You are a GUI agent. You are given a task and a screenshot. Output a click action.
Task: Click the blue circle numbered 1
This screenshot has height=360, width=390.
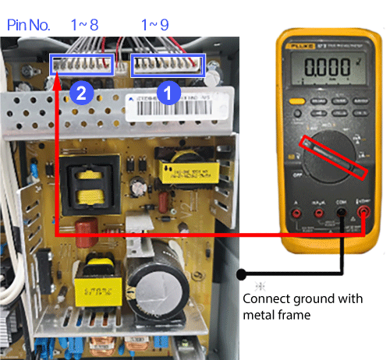[x=166, y=93]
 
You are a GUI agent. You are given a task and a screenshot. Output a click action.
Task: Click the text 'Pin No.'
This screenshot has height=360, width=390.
[x=29, y=25]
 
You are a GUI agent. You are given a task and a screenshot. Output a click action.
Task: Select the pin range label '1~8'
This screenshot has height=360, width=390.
[x=83, y=25]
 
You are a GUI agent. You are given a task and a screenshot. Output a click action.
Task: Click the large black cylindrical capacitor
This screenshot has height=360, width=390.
[x=149, y=285]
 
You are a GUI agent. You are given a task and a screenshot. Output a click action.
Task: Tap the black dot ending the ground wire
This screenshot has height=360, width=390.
[x=242, y=274]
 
